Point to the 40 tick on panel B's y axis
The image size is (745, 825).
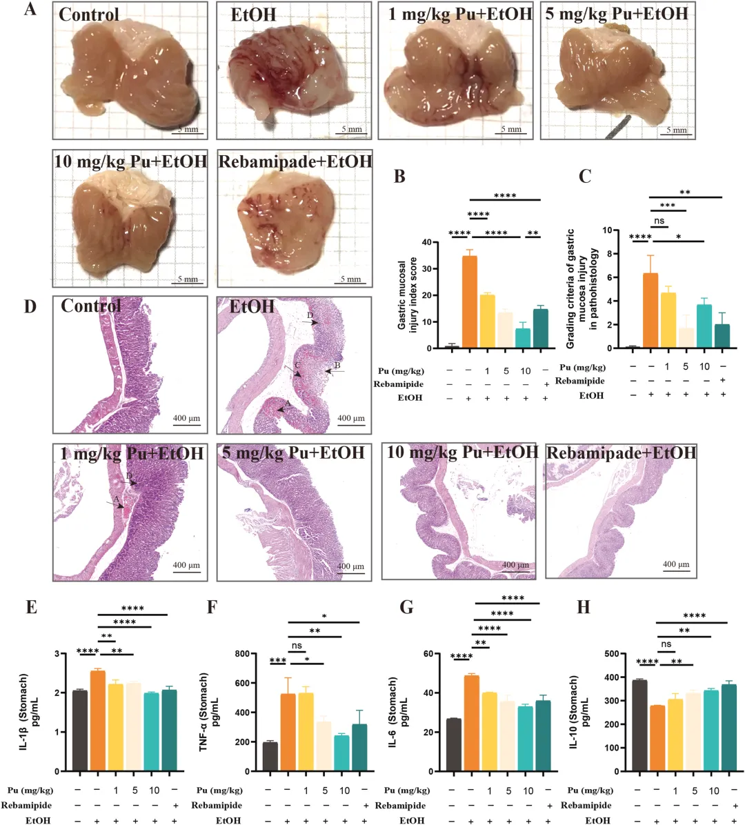(x=435, y=243)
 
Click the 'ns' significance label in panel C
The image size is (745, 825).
(x=659, y=221)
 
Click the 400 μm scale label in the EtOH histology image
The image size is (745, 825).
(x=351, y=418)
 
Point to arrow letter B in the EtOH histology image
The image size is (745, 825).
(x=338, y=365)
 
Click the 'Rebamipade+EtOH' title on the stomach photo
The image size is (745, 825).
(x=295, y=162)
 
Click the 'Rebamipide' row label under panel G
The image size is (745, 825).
(x=399, y=805)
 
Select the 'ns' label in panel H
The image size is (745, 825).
(x=666, y=644)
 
